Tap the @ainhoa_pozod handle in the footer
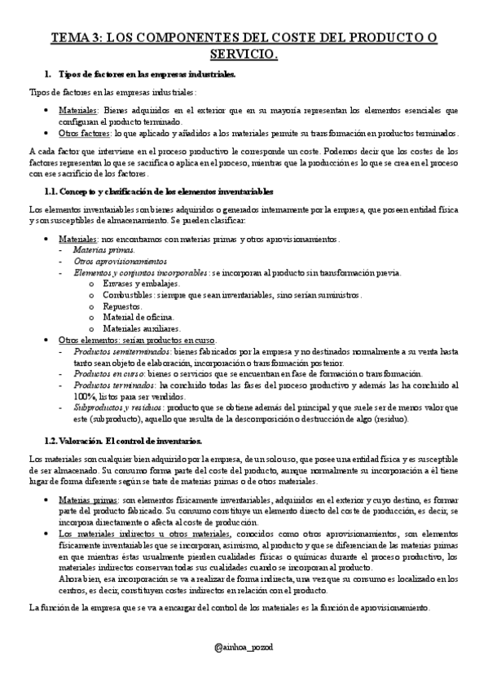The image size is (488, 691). point(244,646)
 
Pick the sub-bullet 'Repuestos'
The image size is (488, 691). point(122,306)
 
